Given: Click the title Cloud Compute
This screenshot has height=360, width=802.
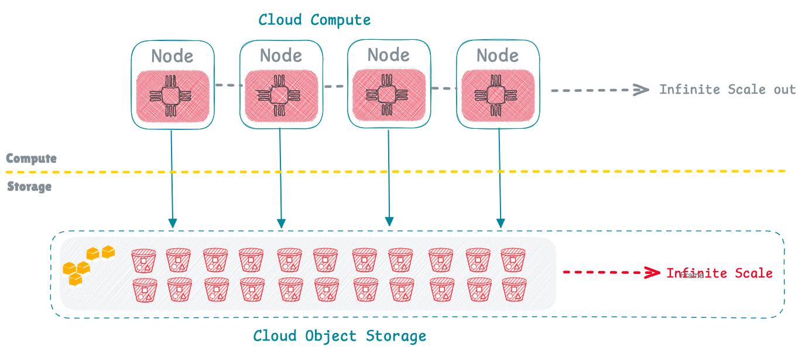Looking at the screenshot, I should (x=314, y=20).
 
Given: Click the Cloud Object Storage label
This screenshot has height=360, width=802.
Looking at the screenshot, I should (x=340, y=336).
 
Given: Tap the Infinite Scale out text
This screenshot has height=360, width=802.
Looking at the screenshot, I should (x=727, y=90).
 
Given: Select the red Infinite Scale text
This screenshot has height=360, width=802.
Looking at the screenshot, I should (x=719, y=273).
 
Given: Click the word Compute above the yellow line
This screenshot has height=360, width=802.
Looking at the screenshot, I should (x=31, y=159).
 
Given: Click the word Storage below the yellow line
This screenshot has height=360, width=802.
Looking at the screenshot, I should (x=29, y=187).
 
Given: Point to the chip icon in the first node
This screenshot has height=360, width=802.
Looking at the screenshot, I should (x=172, y=95).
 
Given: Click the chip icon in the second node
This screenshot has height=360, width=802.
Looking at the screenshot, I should (x=281, y=95).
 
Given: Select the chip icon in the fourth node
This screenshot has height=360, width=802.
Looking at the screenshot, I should (x=497, y=95).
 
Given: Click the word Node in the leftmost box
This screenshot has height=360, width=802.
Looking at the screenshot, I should (x=172, y=56).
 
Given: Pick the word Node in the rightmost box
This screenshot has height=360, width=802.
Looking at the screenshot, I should (x=497, y=56).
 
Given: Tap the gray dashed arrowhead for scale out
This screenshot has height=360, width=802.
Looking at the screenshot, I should (x=642, y=90).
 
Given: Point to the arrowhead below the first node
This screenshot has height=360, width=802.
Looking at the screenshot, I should (x=172, y=223).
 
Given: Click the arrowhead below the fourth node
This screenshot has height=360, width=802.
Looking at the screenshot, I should (x=501, y=223).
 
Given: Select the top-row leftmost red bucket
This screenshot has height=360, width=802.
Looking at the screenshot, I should (x=144, y=260).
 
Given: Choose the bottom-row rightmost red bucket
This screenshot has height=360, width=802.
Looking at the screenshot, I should (x=513, y=289).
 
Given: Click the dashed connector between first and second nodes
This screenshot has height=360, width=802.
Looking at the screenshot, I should (x=227, y=85).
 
